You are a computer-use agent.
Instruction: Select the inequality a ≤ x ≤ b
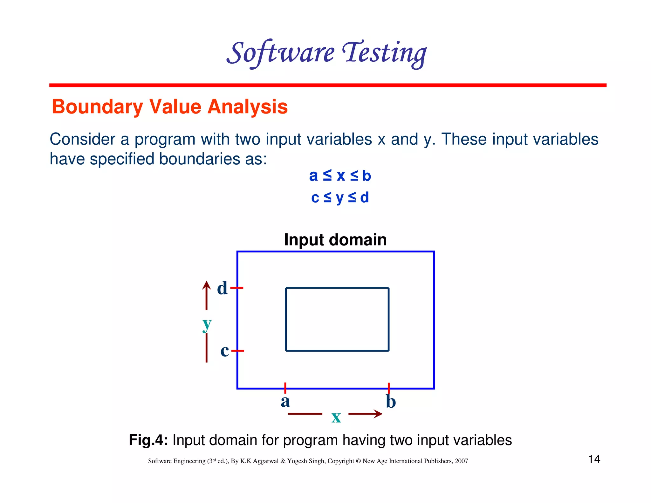click(340, 176)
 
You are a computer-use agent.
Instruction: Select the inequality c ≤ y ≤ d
click(340, 197)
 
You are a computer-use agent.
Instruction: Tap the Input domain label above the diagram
click(335, 240)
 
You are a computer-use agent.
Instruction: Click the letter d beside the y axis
click(222, 288)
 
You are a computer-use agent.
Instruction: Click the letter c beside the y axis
click(224, 351)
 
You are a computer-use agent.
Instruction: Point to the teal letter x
click(336, 417)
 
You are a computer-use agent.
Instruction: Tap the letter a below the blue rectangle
click(285, 401)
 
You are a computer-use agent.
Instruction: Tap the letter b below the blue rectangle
click(391, 402)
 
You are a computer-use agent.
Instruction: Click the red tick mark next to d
click(237, 288)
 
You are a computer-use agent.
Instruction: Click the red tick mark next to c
click(238, 351)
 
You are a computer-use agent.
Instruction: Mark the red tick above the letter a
click(285, 388)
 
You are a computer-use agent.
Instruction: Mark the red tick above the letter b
click(389, 388)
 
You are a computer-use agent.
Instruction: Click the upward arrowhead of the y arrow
click(207, 285)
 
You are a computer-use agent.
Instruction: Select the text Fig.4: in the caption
click(148, 440)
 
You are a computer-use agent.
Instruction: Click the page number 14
click(594, 459)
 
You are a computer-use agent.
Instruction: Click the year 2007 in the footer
click(461, 461)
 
